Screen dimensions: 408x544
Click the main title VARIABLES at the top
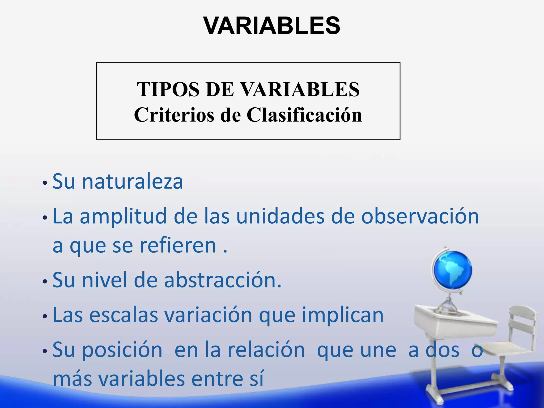coord(271,26)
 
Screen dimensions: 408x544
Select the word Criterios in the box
coord(174,115)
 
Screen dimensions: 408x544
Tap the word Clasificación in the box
coord(304,115)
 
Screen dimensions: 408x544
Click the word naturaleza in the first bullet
coord(132,182)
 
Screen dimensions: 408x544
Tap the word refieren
coord(178,246)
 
